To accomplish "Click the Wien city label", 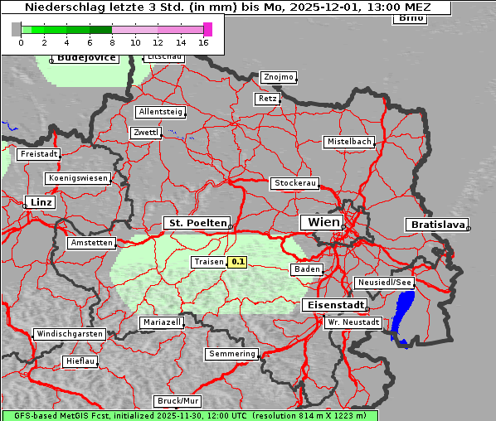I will click(323, 222).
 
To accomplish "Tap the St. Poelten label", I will click(197, 223).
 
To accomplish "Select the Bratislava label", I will click(435, 225).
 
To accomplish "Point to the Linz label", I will click(40, 202).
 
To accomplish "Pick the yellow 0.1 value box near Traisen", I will click(238, 262).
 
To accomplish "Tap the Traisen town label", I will click(208, 262).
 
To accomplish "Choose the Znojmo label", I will click(278, 77).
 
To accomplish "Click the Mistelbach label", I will click(348, 142).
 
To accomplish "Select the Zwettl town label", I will click(145, 133).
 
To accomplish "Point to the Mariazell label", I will click(161, 322).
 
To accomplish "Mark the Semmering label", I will click(232, 354).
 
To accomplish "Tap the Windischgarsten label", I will click(69, 334).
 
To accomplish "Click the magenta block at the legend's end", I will click(207, 29).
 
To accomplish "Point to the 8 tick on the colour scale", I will click(112, 41).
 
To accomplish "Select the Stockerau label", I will click(294, 183).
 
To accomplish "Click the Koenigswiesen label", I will click(77, 178).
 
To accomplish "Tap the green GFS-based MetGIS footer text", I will click(189, 415).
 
